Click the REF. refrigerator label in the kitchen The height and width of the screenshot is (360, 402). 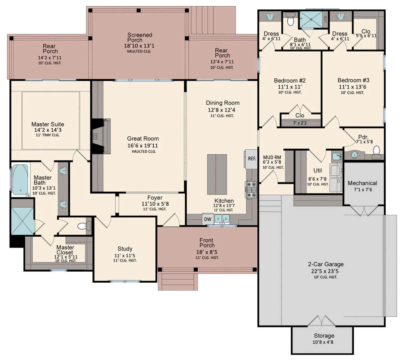point(252,159)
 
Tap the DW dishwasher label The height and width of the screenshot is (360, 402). point(208,219)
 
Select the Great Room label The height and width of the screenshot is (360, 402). point(143,138)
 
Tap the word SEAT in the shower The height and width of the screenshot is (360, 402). point(325,19)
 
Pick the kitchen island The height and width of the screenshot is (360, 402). point(217,174)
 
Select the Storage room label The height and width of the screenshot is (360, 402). point(324,336)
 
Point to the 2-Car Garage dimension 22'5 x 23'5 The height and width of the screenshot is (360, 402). point(325,271)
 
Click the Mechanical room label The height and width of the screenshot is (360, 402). point(362,183)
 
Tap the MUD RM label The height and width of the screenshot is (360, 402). point(272,157)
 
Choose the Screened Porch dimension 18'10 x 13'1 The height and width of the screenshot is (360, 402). point(139,46)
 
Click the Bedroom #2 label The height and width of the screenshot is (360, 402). point(290,80)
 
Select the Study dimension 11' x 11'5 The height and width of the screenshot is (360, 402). point(125,256)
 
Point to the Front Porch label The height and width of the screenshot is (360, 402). point(207,243)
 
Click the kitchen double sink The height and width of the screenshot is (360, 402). point(222,219)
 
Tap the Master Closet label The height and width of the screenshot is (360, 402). point(65,250)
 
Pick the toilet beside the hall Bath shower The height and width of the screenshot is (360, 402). point(290,19)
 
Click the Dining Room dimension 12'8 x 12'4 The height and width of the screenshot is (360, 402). point(221,110)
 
